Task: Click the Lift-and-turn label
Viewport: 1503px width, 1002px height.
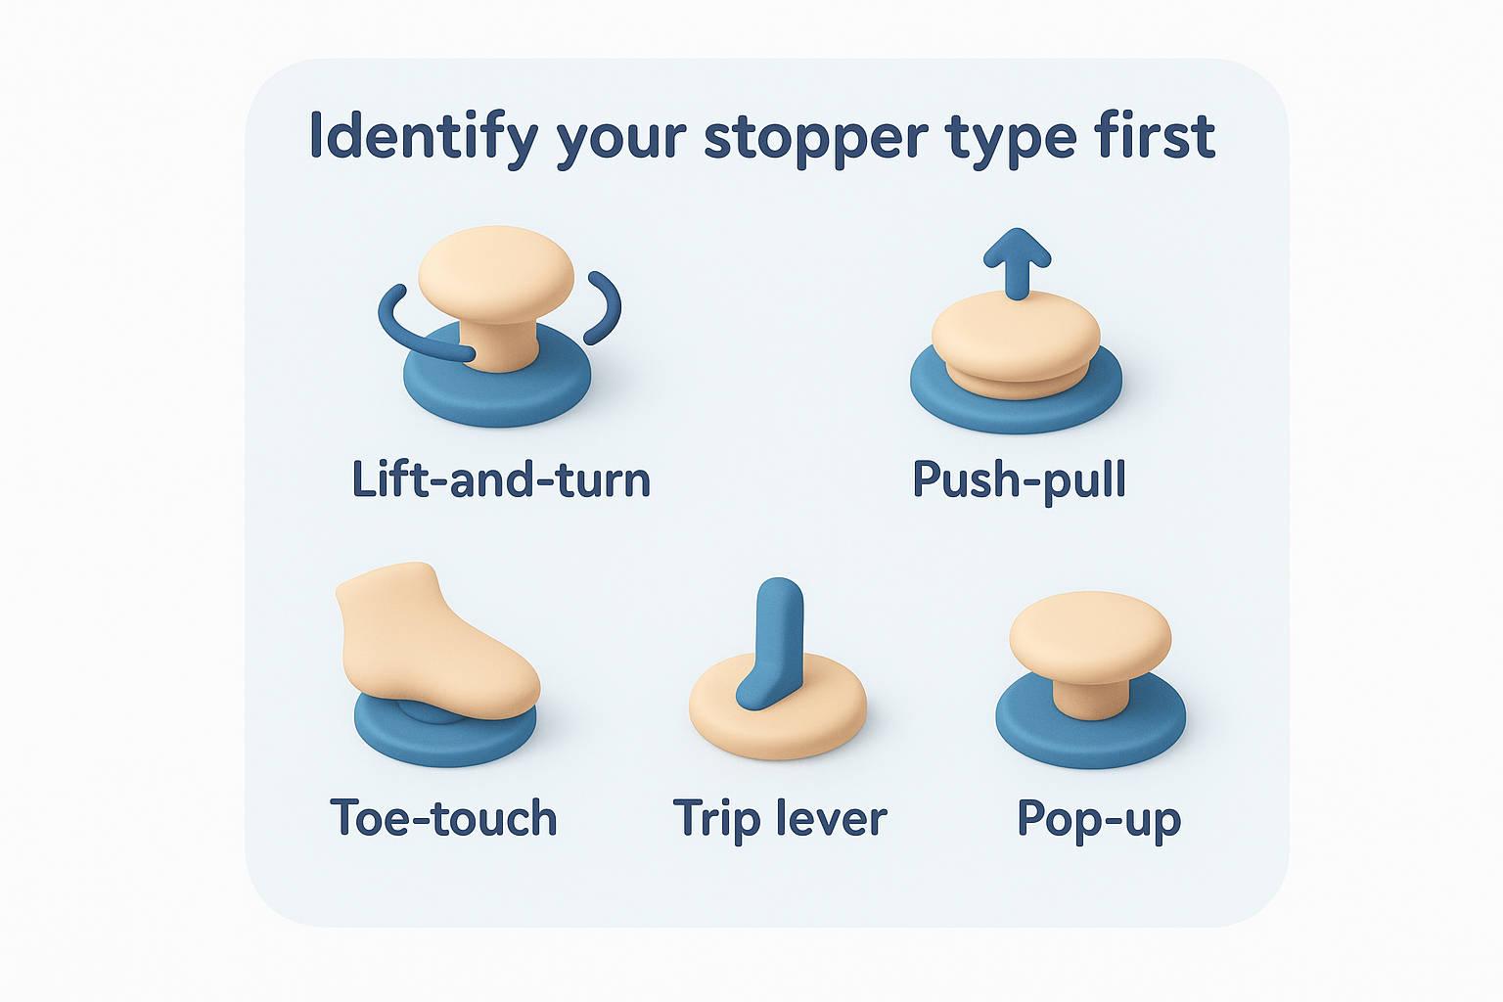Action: (x=501, y=479)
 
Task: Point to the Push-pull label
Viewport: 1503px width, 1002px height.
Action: (x=1019, y=479)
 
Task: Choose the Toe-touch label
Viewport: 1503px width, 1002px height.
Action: (x=443, y=818)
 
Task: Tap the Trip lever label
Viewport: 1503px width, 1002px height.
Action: (x=780, y=818)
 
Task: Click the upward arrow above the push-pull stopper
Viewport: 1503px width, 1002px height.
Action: (x=1018, y=260)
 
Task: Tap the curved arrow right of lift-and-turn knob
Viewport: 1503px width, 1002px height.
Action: (x=605, y=306)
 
